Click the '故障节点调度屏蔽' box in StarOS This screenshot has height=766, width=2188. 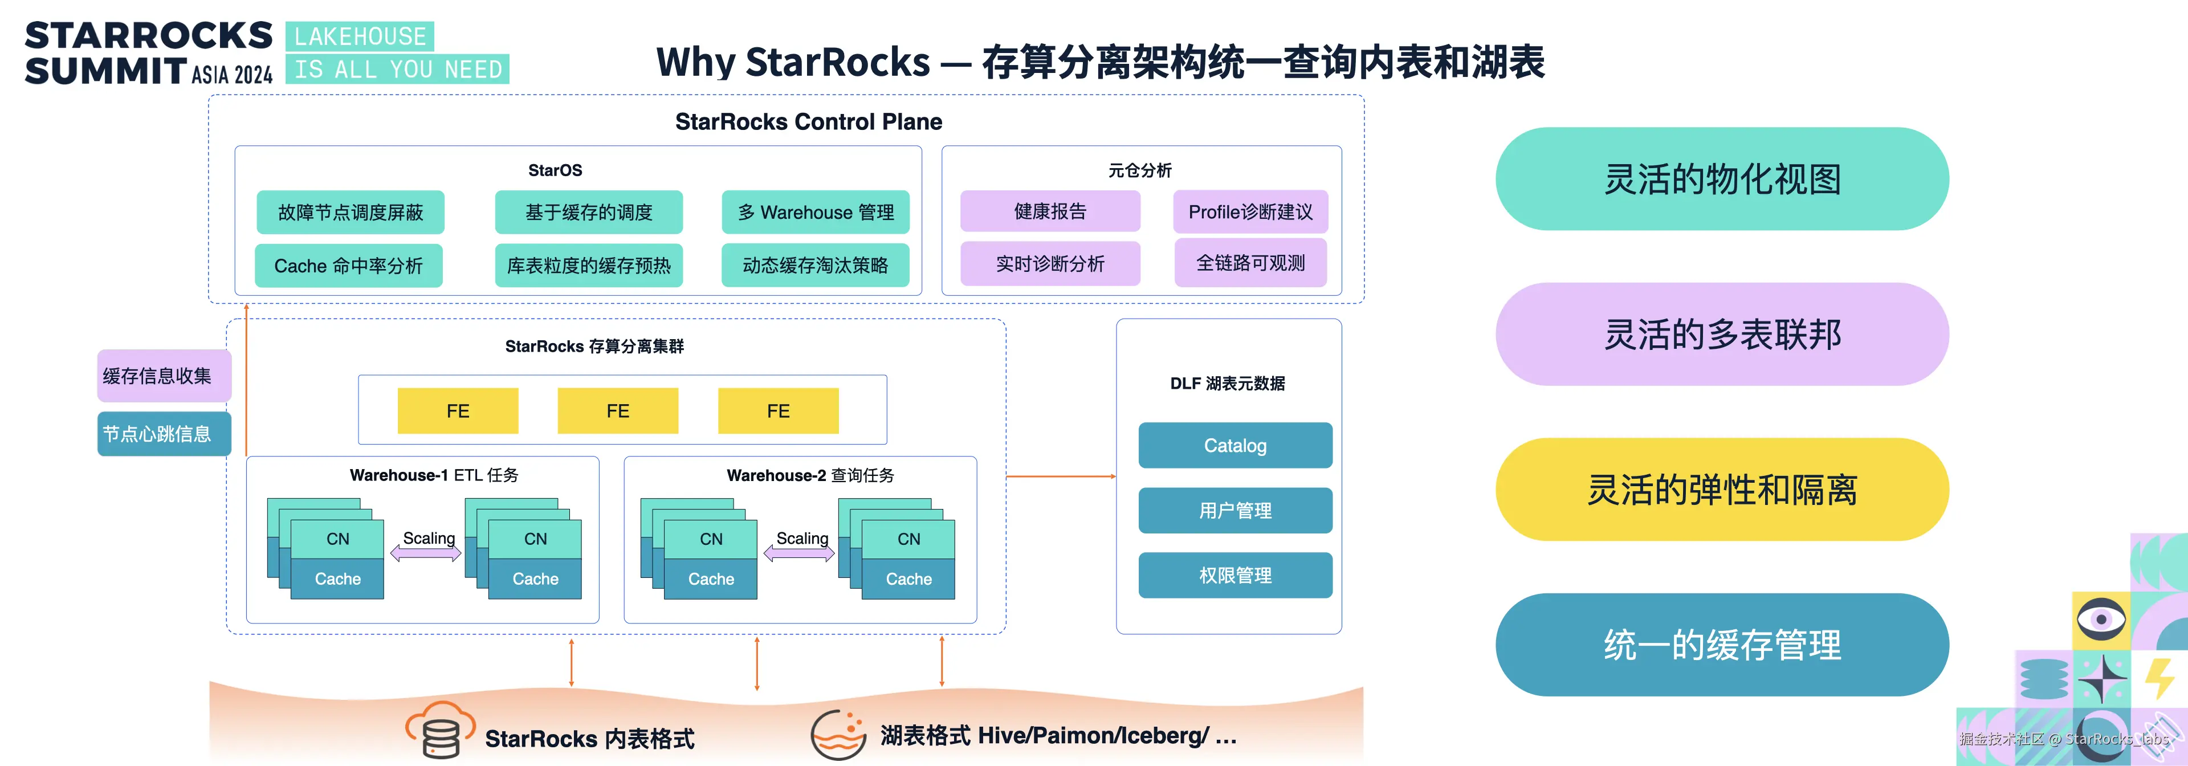[x=350, y=213]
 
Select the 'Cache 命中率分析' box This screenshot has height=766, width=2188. [x=348, y=266]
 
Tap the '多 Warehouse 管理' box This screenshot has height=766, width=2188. [x=816, y=213]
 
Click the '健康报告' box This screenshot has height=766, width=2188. [x=1050, y=211]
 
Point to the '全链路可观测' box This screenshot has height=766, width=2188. [x=1250, y=263]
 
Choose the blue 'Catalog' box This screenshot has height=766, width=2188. [x=1235, y=445]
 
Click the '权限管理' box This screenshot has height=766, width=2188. [x=1235, y=575]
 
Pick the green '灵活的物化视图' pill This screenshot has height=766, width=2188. [x=1722, y=179]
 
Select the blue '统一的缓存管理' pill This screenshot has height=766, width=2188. [x=1722, y=645]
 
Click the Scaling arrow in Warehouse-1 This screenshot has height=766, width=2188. [x=426, y=553]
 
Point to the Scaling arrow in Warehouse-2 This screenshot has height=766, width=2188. [x=799, y=553]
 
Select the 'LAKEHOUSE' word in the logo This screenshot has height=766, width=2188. [x=360, y=36]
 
